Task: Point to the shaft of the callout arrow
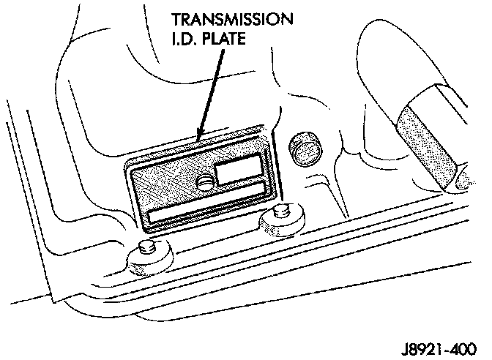(x=208, y=88)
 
